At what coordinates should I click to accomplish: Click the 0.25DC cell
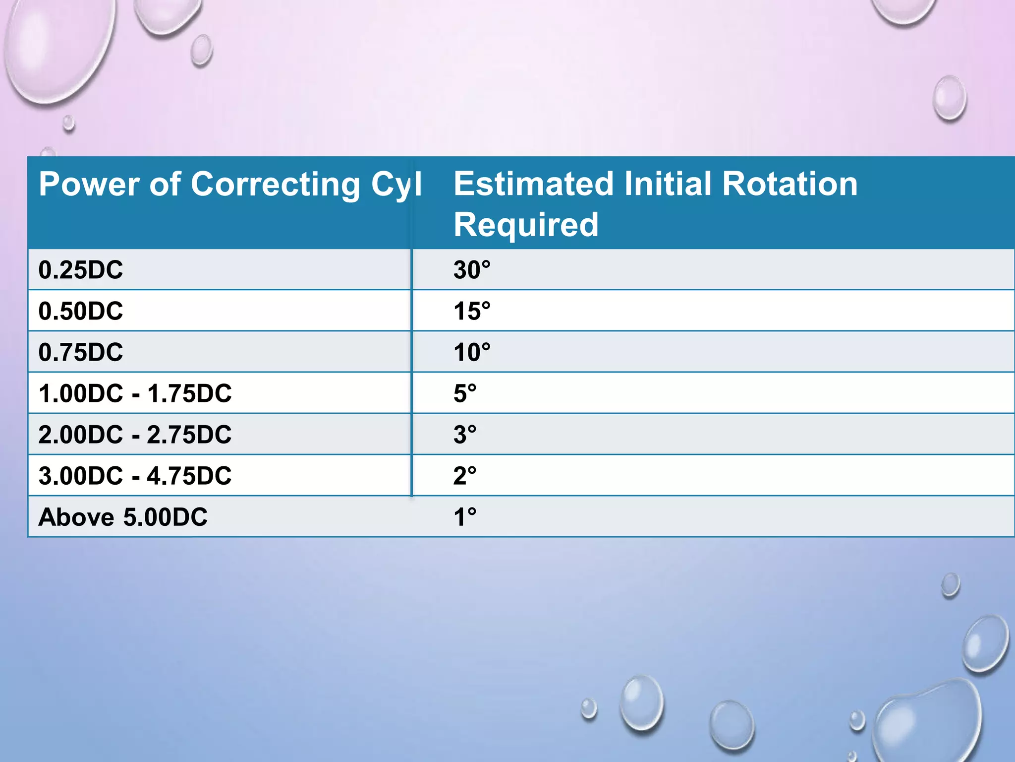click(x=81, y=270)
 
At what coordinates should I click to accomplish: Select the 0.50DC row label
click(x=81, y=311)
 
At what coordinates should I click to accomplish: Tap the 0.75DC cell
click(x=81, y=352)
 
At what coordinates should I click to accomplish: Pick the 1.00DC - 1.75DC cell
click(x=135, y=393)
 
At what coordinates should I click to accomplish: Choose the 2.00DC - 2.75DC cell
click(x=135, y=435)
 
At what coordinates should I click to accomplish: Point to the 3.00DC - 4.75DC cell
click(x=135, y=476)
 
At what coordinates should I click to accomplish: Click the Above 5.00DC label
click(x=123, y=517)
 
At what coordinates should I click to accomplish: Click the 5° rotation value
click(x=465, y=393)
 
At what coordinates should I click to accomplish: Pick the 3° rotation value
click(x=465, y=435)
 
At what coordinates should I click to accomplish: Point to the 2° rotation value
click(x=465, y=476)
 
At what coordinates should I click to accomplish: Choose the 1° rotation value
click(x=465, y=517)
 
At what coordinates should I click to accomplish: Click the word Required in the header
click(x=526, y=225)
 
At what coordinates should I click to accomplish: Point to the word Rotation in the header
click(x=789, y=184)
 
